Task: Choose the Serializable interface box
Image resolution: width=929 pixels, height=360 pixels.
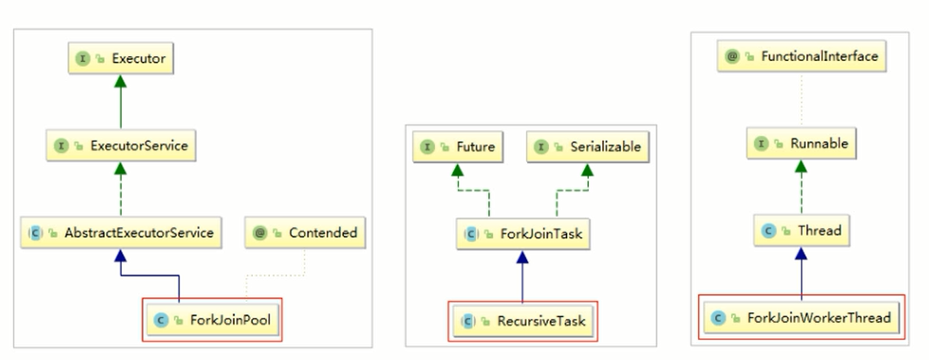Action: (x=588, y=146)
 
